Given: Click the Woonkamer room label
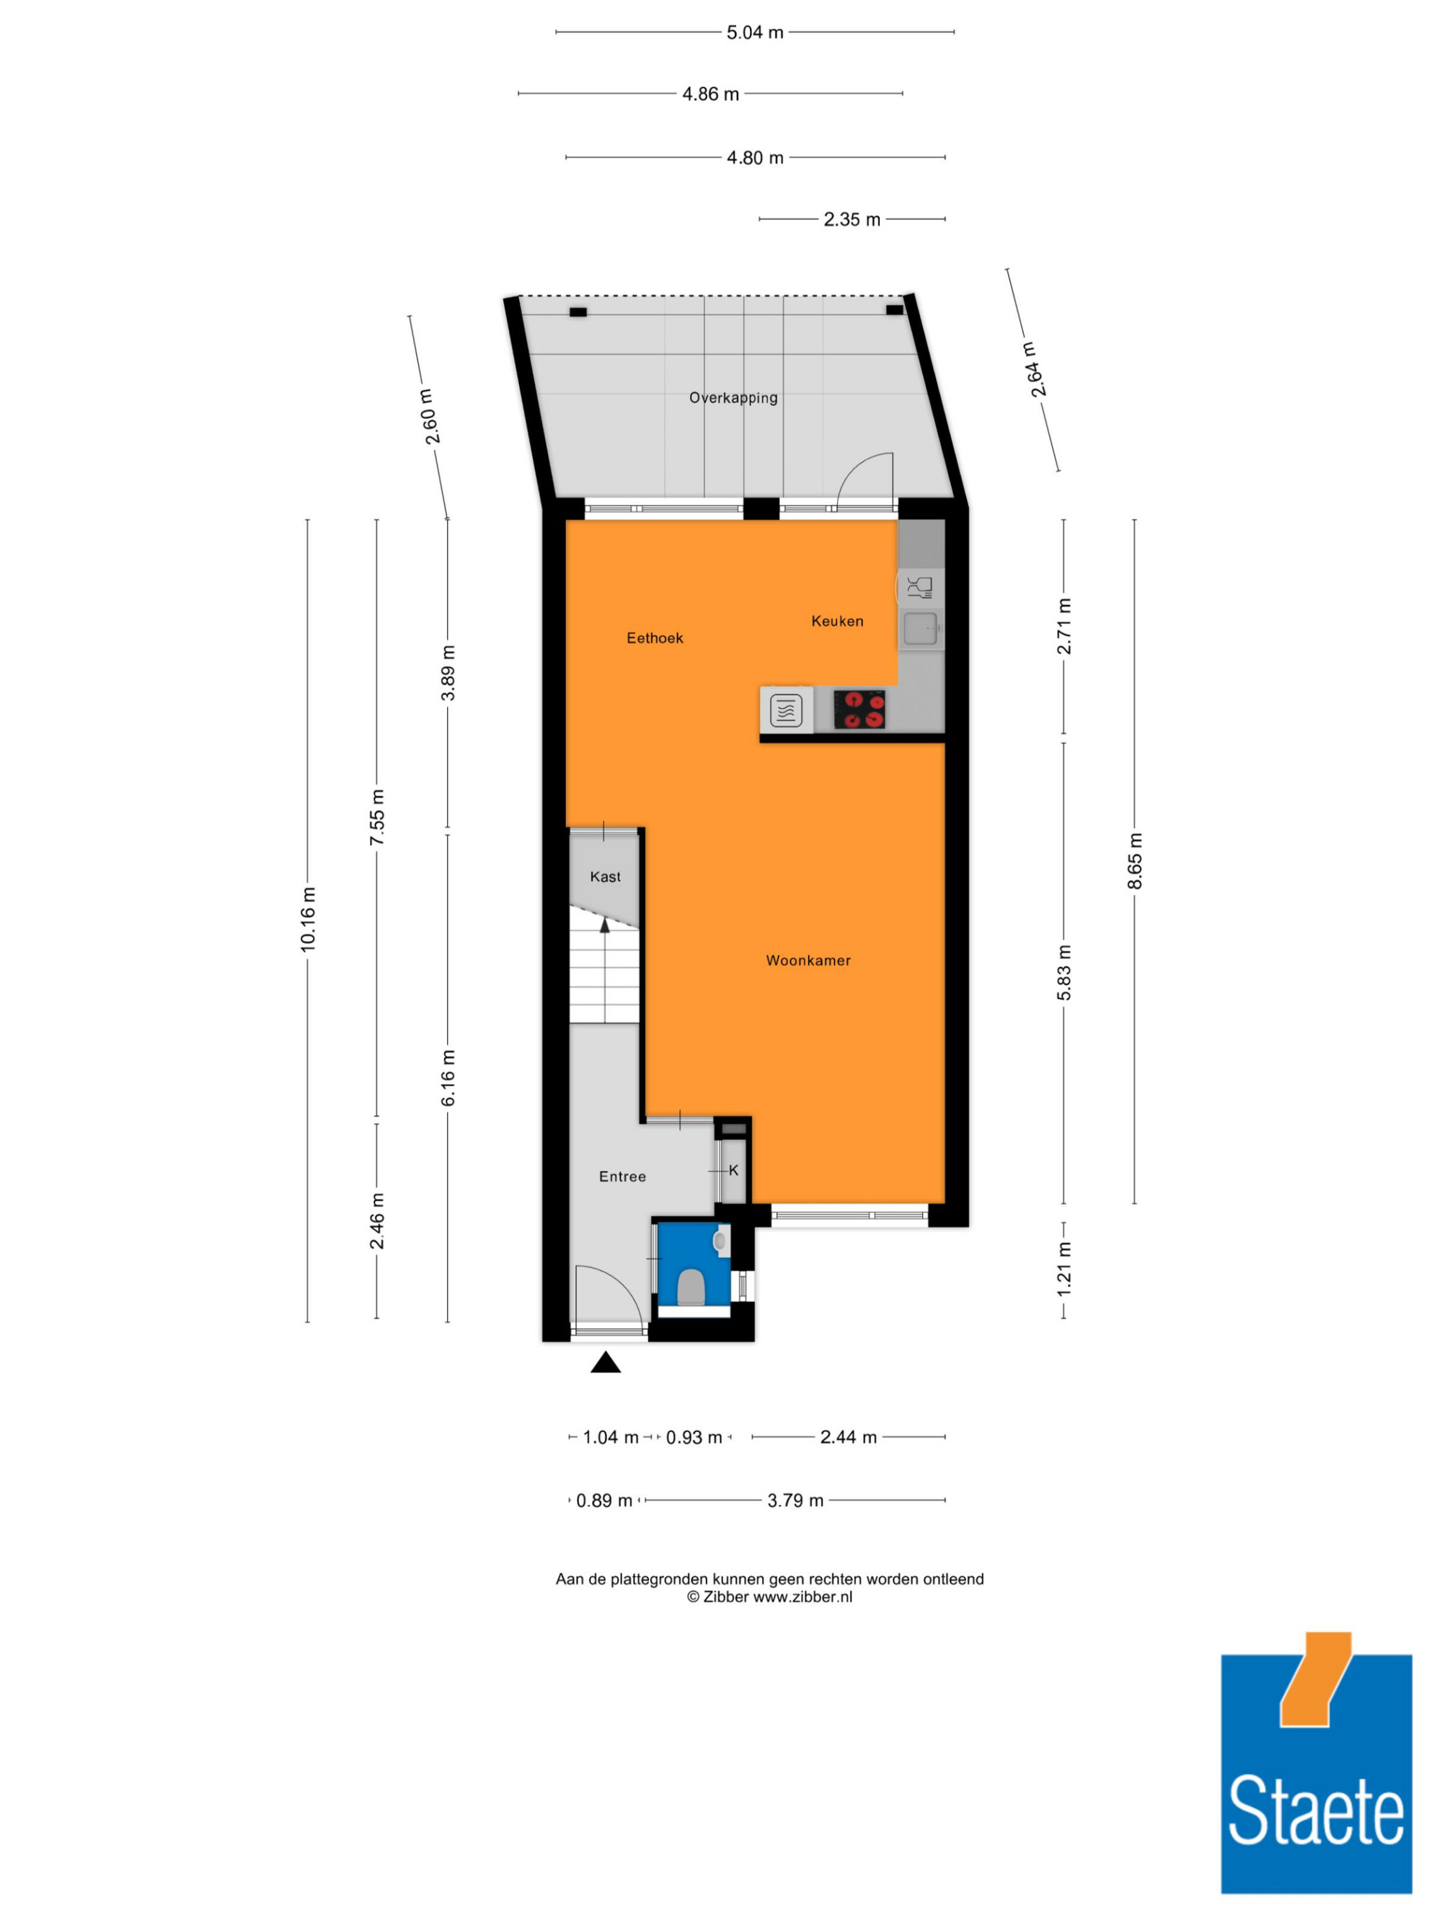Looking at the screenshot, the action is (808, 960).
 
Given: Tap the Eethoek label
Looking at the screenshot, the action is (655, 638).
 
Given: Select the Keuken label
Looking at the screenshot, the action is (837, 621).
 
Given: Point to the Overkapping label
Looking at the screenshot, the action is (733, 398).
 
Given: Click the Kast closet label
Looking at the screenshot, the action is (605, 876).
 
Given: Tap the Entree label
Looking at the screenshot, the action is (622, 1176).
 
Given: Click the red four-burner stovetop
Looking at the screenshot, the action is (859, 709).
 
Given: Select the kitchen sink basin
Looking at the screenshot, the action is (919, 628).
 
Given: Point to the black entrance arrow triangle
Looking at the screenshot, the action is (606, 1362).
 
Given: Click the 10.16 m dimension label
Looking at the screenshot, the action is (308, 920).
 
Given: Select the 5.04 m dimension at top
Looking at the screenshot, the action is (754, 33).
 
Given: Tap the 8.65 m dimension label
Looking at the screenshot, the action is (1134, 861).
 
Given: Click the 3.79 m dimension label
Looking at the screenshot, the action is (795, 1500).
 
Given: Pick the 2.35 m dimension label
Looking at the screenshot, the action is (852, 220).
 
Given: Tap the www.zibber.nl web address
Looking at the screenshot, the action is (802, 1597).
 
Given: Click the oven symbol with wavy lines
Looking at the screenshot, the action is (786, 710).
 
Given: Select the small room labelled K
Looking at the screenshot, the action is (733, 1171).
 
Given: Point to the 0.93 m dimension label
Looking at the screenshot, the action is (694, 1438).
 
